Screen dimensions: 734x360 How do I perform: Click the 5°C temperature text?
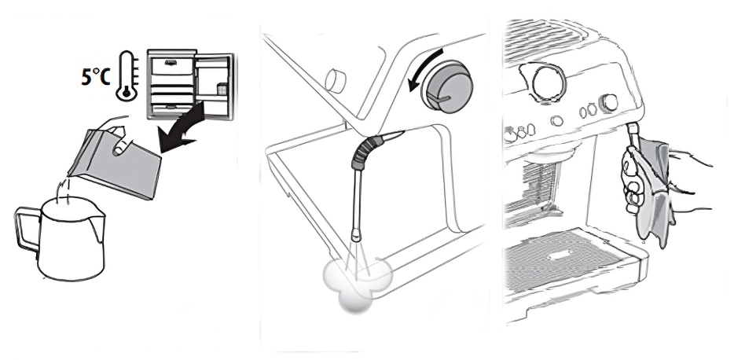coord(96,77)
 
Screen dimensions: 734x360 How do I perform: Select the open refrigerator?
coord(190,84)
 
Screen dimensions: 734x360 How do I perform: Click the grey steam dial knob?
coord(446,87)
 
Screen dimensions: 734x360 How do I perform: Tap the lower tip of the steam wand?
coord(356,236)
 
